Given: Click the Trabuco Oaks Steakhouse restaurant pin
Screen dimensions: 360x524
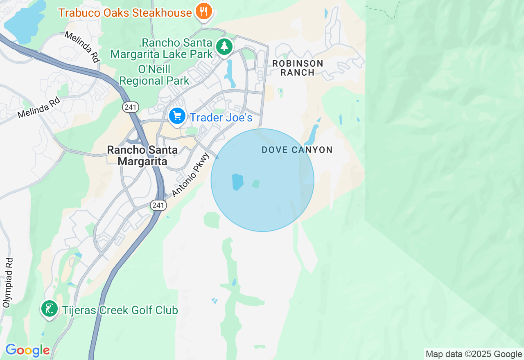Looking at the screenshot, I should [203, 11].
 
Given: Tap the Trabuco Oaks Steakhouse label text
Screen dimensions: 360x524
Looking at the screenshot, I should [125, 13].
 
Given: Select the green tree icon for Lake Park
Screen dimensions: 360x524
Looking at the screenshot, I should [224, 47].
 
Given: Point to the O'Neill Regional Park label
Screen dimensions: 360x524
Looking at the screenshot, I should [154, 75].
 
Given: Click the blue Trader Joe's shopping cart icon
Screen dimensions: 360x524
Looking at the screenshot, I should [177, 116].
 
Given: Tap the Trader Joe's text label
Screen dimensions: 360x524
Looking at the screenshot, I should [221, 118].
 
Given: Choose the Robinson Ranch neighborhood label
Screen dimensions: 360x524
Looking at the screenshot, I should [298, 68].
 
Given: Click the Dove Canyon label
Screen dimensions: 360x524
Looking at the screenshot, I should [297, 150].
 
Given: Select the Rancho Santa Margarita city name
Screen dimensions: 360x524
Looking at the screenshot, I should [142, 155].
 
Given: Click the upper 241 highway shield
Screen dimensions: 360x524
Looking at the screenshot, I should [131, 107].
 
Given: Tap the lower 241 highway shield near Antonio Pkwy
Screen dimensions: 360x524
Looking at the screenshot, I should [158, 205].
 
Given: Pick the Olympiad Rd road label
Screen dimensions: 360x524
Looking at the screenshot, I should [8, 283].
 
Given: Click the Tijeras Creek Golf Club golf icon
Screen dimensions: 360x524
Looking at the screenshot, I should [49, 309].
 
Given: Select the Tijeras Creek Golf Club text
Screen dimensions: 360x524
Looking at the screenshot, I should [120, 310].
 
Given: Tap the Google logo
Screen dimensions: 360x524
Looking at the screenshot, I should [27, 350].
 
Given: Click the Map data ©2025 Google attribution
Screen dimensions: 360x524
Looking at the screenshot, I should [474, 354].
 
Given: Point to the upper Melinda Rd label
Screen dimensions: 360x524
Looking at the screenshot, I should [82, 47].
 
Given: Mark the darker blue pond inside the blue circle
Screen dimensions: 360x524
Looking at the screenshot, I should [237, 182].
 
